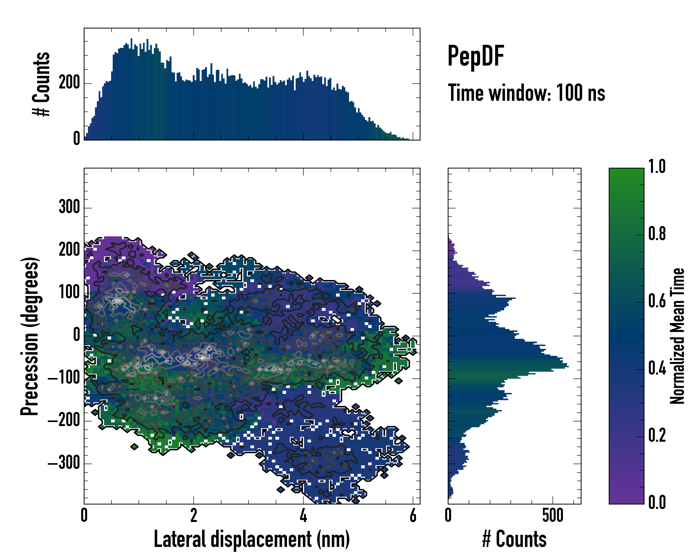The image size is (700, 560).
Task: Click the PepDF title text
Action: (x=476, y=56)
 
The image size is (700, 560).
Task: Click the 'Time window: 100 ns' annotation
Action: (x=526, y=93)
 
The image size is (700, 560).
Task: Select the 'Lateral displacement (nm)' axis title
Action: (x=252, y=539)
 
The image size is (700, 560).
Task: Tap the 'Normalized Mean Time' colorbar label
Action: (x=677, y=336)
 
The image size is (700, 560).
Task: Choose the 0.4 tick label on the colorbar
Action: (x=657, y=369)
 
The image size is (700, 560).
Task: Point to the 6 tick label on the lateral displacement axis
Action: (x=413, y=515)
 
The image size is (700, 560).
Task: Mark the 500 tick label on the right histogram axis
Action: (x=553, y=515)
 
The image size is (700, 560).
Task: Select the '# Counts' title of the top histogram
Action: (x=42, y=84)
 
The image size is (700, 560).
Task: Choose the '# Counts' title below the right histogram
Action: (x=514, y=539)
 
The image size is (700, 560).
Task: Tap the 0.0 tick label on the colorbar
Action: (x=657, y=503)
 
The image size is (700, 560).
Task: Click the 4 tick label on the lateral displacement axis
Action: (x=303, y=515)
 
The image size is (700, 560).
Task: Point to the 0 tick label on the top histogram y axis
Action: (x=77, y=139)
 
